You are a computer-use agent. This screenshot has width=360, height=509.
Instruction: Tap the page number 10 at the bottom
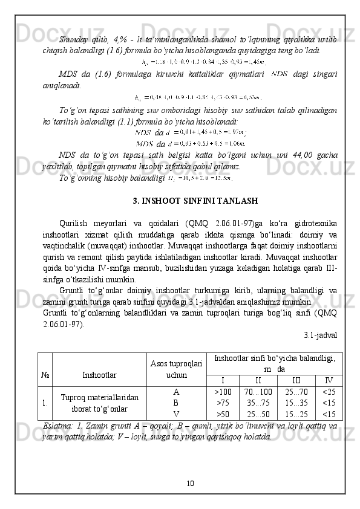point(190,482)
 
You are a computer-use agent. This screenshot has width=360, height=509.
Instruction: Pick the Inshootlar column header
point(100,375)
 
